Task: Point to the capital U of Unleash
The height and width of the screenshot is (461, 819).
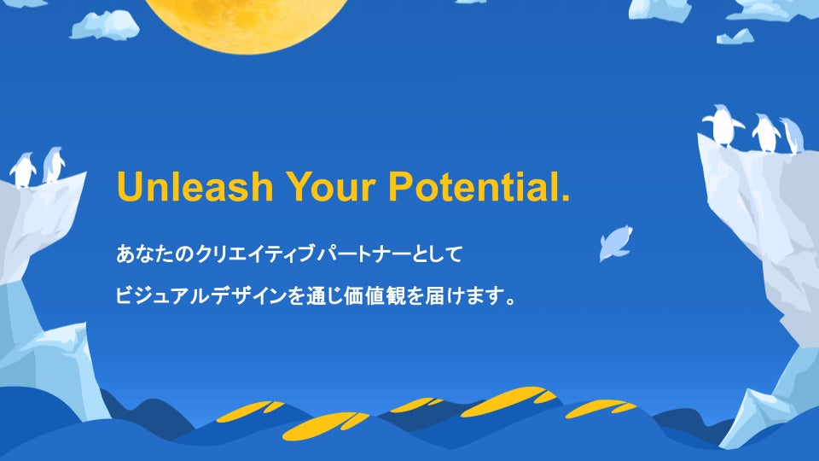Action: click(x=129, y=187)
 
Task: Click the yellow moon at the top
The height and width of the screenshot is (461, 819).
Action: click(x=246, y=20)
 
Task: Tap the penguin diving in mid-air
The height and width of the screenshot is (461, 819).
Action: click(x=616, y=243)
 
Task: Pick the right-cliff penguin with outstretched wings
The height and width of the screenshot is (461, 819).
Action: click(x=723, y=125)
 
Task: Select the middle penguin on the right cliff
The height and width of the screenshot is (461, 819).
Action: click(x=766, y=133)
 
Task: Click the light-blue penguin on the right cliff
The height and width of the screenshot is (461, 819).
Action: click(x=792, y=136)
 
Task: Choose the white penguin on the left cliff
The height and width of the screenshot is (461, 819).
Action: click(x=24, y=170)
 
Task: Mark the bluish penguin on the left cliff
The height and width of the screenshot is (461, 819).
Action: click(x=53, y=165)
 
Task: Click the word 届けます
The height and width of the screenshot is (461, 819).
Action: click(x=462, y=296)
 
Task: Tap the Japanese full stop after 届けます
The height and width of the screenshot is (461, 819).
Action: click(x=511, y=301)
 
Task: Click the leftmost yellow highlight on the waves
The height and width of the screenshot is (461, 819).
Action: click(x=250, y=411)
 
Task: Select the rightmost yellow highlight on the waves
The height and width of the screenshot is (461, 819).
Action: click(x=601, y=408)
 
